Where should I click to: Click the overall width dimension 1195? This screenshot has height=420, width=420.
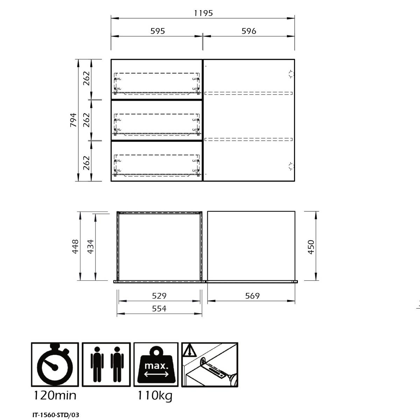tap(203, 13)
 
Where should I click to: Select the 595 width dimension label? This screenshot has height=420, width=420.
tap(157, 31)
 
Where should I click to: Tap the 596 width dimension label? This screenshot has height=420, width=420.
tap(249, 31)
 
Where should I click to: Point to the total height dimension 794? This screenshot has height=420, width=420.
tap(73, 120)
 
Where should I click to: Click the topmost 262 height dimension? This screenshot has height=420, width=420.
tap(86, 78)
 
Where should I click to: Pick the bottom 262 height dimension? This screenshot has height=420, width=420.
tap(86, 163)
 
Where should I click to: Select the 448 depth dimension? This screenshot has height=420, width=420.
tap(75, 246)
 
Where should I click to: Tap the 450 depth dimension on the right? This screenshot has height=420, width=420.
tap(311, 247)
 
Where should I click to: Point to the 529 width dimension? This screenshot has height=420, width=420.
tap(159, 296)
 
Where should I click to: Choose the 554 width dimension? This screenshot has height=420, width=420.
tap(159, 308)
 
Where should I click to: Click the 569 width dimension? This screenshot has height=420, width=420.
tap(252, 296)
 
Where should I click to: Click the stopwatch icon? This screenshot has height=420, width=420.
tap(55, 364)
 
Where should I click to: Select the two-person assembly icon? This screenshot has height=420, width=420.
tap(106, 364)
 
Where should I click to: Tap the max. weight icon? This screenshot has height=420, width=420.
tap(156, 364)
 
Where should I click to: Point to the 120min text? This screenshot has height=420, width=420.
tap(55, 395)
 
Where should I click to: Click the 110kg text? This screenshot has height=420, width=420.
tap(155, 396)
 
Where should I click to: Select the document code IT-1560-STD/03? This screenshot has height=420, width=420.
tap(56, 415)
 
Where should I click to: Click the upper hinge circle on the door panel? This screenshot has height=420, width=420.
tap(291, 74)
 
